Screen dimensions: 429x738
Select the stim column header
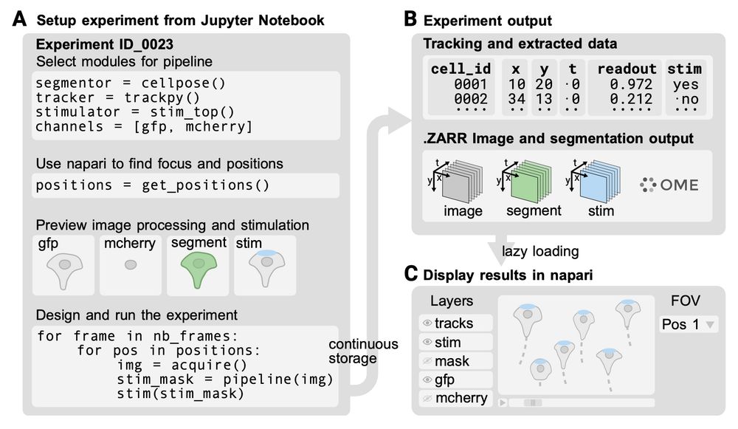pos(685,69)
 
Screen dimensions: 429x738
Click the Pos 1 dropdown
pos(686,324)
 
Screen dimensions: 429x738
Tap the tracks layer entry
pos(453,323)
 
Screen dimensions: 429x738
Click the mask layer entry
pos(452,361)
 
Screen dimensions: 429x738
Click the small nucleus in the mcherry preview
pos(130,264)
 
